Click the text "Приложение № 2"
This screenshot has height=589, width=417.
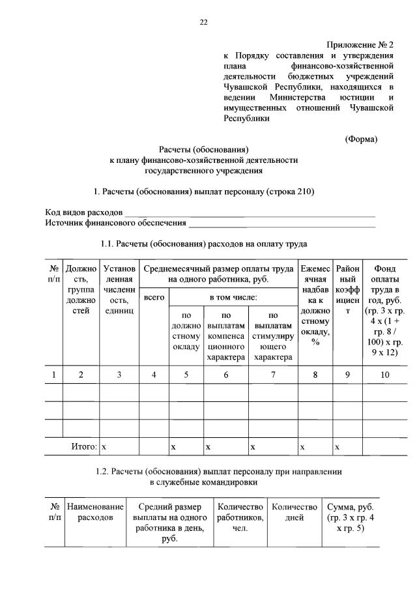coord(360,45)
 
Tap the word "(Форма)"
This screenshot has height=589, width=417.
coord(361,139)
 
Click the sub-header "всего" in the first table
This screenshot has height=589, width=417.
coord(154,297)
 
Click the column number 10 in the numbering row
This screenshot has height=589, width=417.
coord(386,374)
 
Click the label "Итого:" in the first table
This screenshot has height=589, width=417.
coord(84,446)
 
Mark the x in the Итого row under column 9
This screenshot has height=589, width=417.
coord(337,446)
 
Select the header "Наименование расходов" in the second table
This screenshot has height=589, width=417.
coord(95,512)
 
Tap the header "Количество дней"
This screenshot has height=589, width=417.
coord(295,512)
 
